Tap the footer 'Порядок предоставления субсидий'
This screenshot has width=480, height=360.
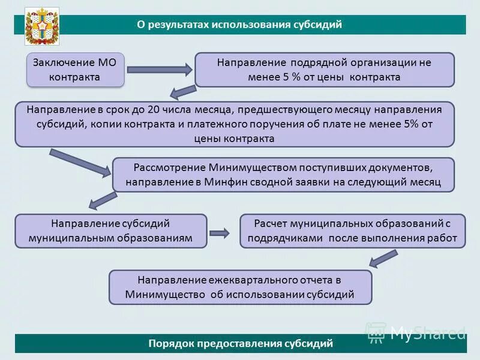(x=240, y=343)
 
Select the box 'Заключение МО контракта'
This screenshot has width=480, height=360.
(x=75, y=70)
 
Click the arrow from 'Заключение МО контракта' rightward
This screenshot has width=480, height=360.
(x=159, y=70)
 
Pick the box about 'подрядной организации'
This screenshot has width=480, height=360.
(x=324, y=70)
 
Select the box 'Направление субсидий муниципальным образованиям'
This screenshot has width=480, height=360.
(x=111, y=230)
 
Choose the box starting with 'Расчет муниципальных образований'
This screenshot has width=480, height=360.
(x=353, y=230)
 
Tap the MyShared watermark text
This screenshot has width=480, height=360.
(x=427, y=331)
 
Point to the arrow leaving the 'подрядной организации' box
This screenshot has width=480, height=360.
(x=183, y=92)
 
